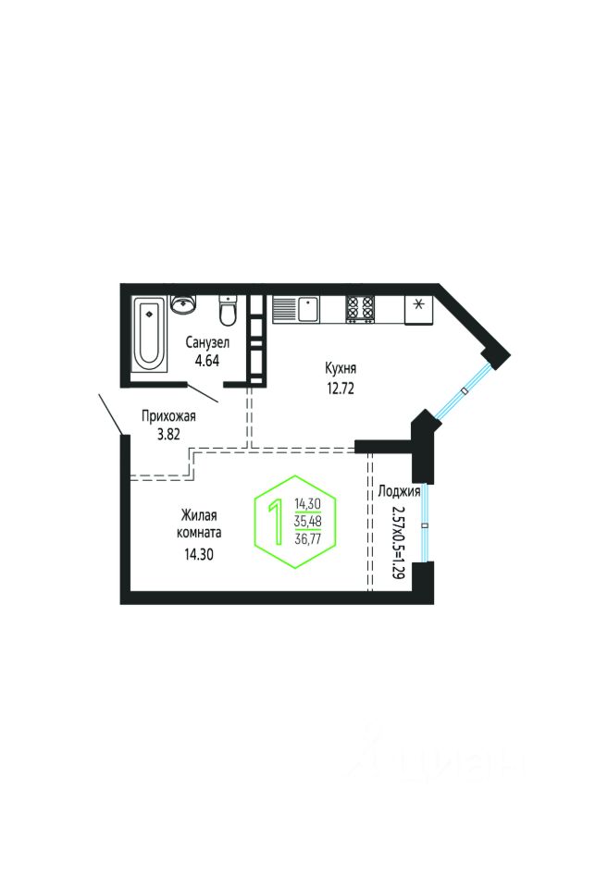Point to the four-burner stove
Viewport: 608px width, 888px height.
pos(361,308)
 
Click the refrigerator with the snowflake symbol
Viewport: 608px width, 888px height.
pos(418,307)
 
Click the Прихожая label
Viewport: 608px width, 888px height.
pos(168,415)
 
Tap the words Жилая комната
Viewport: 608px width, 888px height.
pos(200,524)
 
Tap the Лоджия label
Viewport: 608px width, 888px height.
pos(400,491)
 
